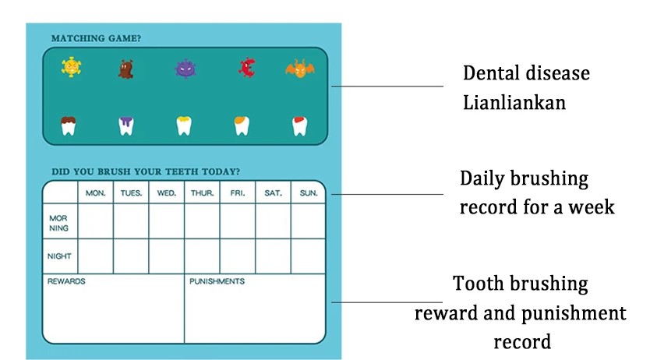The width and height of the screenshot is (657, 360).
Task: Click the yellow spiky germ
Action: coord(71,67)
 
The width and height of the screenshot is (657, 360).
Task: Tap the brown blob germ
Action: coord(125,69)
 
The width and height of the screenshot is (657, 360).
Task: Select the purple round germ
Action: coord(185,69)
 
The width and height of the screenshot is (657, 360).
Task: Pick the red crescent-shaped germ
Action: coord(247,68)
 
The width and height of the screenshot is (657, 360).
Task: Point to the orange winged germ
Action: coord(300,69)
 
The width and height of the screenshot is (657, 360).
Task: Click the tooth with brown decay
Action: coord(69,125)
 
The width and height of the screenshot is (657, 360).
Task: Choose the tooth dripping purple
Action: coord(126,125)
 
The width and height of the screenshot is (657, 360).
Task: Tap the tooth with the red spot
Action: coord(299,125)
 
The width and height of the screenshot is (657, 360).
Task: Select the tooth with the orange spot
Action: coord(242,125)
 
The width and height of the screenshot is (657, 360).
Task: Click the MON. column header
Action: coord(96,193)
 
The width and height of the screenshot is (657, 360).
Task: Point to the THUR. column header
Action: coord(203,193)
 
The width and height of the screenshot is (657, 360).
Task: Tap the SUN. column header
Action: coord(309,193)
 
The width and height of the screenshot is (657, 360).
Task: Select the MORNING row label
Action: coord(58,223)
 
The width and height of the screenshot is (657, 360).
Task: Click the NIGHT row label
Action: coord(59,256)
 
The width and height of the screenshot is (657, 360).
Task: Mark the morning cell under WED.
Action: coord(167,221)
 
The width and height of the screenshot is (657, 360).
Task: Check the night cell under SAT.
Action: coord(274,256)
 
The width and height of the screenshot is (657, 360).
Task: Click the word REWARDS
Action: coord(66,281)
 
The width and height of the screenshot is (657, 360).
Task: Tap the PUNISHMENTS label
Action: coord(217,281)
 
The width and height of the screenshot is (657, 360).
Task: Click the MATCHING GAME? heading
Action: coord(96,38)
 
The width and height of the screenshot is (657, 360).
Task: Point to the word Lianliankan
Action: coord(514,103)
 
